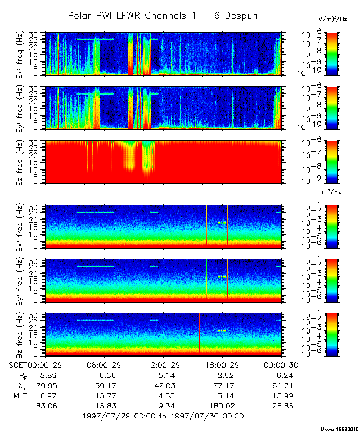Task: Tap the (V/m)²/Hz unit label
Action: pyautogui.click(x=332, y=19)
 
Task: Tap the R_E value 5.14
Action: pyautogui.click(x=163, y=375)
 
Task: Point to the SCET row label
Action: pyautogui.click(x=19, y=365)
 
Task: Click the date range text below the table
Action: pyautogui.click(x=163, y=416)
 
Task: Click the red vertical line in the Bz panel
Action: pyautogui.click(x=199, y=334)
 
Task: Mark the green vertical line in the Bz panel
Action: pyautogui.click(x=53, y=334)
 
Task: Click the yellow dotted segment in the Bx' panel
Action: pyautogui.click(x=223, y=223)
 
